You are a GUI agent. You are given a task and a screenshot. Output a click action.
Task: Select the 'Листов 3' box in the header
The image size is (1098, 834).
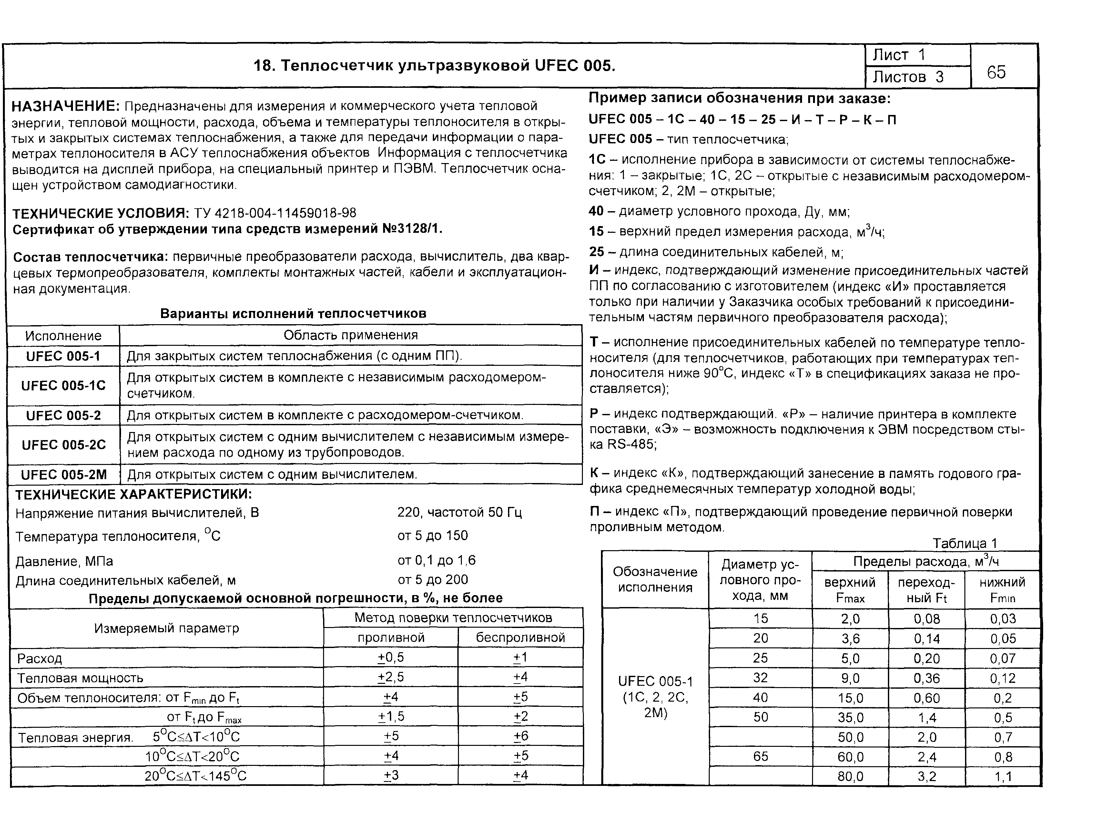[908, 77]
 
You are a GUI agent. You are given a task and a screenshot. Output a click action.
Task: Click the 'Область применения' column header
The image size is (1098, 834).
[351, 335]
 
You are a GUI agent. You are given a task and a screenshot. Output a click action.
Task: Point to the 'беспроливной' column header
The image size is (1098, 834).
[520, 638]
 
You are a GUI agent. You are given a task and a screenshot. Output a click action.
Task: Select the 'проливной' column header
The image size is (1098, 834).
[391, 638]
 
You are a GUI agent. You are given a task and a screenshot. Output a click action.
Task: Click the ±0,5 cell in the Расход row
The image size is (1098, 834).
[391, 658]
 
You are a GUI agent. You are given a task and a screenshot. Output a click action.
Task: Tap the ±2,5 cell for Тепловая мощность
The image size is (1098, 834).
[391, 677]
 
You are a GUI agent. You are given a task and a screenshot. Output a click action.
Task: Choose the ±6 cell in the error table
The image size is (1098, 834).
[521, 736]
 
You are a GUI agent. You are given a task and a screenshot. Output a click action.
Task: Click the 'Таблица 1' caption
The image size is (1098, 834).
[964, 543]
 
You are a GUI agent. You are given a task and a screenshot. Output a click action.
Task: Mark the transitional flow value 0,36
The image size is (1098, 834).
[926, 678]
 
